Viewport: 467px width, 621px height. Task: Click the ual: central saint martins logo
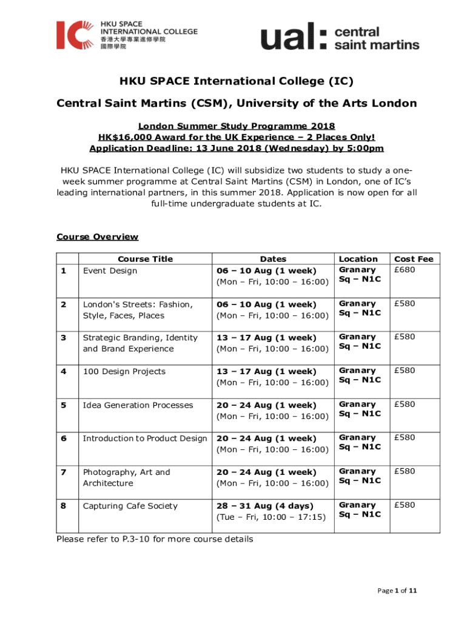340,38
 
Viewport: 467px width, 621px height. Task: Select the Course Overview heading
97,237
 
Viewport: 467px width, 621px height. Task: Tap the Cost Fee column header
414,259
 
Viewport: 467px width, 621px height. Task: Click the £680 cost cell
405,270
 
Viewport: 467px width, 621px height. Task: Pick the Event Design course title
110,270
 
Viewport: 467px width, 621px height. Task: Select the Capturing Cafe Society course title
130,506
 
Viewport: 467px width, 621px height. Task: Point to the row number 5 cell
64,405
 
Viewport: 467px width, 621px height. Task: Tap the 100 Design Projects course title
124,371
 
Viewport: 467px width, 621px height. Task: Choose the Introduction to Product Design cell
144,438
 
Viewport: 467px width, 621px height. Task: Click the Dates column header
273,259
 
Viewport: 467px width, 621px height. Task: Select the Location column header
358,259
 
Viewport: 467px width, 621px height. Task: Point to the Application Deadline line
237,149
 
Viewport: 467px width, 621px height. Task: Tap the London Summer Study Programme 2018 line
237,126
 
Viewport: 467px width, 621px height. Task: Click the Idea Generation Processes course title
138,405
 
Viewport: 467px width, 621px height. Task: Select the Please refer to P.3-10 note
155,539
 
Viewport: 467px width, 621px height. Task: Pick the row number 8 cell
64,506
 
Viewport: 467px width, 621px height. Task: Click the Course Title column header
146,259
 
